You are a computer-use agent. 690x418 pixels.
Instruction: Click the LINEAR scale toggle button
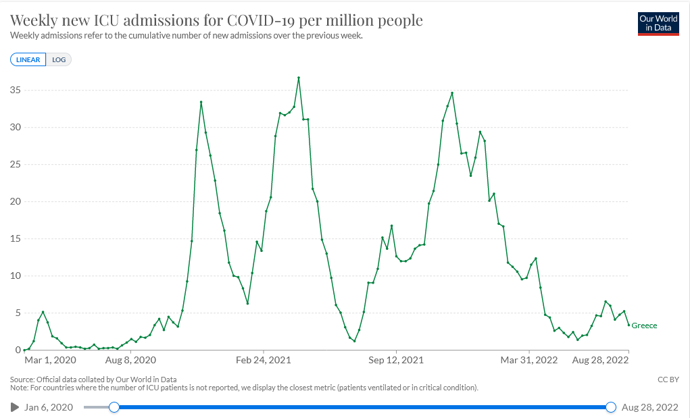[x=28, y=59]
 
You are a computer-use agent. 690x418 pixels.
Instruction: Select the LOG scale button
[x=59, y=59]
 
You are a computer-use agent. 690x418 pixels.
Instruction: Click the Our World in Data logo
[x=658, y=24]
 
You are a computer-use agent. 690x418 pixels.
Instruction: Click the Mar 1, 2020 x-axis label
[x=51, y=361]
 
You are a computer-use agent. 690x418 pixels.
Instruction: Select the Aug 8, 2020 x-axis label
[x=131, y=361]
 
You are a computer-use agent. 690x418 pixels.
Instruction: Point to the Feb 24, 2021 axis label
[x=264, y=361]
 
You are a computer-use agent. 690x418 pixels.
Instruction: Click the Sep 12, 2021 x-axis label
[x=397, y=361]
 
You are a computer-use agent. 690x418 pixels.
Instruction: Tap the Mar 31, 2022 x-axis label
[x=529, y=361]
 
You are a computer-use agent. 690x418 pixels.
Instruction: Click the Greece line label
[x=644, y=325]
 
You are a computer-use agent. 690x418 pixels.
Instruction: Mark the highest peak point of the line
[x=299, y=78]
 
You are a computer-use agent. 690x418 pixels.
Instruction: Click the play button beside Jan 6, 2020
[x=15, y=407]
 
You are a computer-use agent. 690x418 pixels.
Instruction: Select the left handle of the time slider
[x=114, y=407]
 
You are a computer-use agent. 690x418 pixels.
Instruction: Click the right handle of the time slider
[x=611, y=407]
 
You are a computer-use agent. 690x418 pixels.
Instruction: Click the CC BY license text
[x=668, y=380]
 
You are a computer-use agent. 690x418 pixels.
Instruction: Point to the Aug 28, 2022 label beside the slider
[x=649, y=407]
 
